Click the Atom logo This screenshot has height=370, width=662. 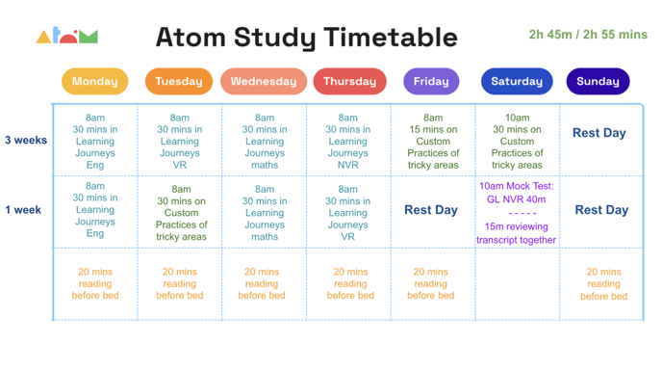point(67,37)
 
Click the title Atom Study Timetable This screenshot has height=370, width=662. point(306,38)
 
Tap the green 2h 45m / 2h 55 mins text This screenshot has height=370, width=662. point(588,35)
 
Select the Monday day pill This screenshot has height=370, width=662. point(94,82)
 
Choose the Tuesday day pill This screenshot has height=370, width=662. point(179,82)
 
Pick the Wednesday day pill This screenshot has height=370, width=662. point(264,82)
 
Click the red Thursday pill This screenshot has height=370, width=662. point(349,82)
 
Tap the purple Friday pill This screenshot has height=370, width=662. point(431,82)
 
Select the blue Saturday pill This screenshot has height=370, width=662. point(517,82)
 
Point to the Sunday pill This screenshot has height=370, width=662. point(598,82)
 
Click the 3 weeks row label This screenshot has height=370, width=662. point(26,141)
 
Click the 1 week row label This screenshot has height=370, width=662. point(23,210)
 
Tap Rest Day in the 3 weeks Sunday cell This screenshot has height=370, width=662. point(599,133)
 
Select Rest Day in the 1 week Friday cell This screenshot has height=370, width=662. point(431,210)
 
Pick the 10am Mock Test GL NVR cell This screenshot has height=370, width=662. point(517,212)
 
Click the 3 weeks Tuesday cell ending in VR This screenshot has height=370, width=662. point(180,141)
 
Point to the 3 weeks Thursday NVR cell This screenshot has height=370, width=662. point(348,141)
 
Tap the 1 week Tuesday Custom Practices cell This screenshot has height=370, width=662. point(181,213)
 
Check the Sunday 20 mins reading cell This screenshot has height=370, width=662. point(603,284)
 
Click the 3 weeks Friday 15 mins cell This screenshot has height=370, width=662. point(433,141)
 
